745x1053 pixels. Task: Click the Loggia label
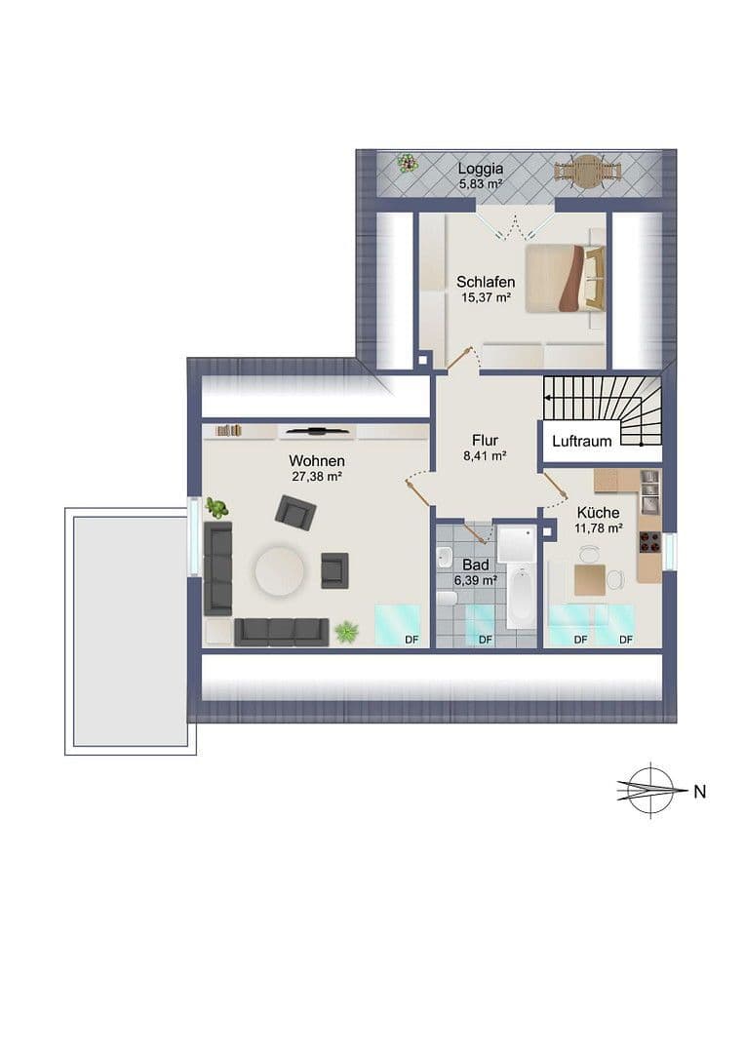point(480,168)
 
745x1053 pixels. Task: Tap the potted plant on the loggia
point(407,164)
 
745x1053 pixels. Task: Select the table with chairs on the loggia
point(588,171)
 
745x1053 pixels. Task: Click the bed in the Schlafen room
point(565,279)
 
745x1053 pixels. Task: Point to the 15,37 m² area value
point(485,298)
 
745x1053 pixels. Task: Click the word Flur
point(485,440)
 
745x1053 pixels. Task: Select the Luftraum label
point(581,442)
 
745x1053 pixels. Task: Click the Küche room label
point(598,512)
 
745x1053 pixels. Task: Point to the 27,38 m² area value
point(316,477)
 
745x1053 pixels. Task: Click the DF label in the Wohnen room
point(412,640)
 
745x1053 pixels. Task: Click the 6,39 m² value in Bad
point(476,580)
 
